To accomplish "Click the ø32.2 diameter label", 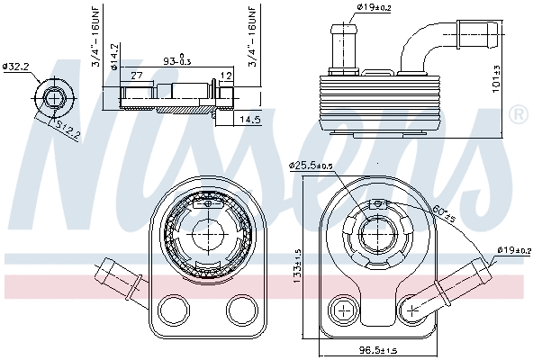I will [17, 66].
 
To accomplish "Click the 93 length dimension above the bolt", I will [175, 61].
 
